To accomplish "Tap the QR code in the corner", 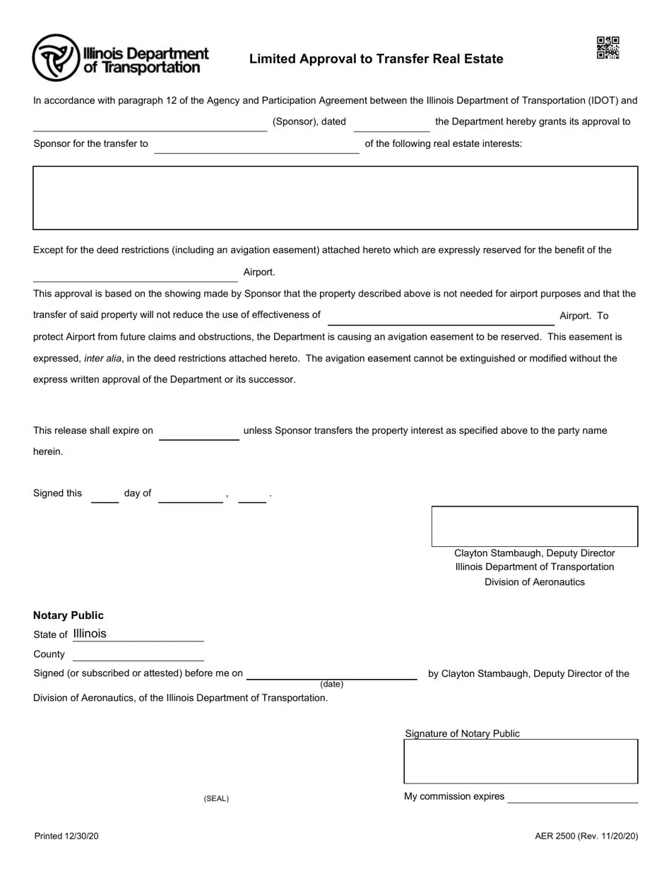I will [607, 48].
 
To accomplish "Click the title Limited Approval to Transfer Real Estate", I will [376, 59].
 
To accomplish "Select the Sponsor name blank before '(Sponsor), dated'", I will [150, 124].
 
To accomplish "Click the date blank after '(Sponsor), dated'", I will [391, 124].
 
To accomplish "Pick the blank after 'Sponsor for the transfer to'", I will [256, 146].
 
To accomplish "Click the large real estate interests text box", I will [335, 198].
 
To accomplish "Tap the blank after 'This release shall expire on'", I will [199, 432].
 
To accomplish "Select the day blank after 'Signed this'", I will [105, 495].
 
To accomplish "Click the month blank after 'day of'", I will [191, 495].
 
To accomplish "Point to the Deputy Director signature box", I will [535, 526].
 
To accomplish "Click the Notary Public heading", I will [69, 615].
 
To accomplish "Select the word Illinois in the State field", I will [90, 634].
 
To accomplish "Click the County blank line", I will [138, 655].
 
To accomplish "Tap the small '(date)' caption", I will [331, 684].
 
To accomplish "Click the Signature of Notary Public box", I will [521, 762].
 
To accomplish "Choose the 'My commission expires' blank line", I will [572, 797].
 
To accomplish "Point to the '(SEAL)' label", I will [216, 798].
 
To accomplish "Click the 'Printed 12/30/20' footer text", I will [66, 837].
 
